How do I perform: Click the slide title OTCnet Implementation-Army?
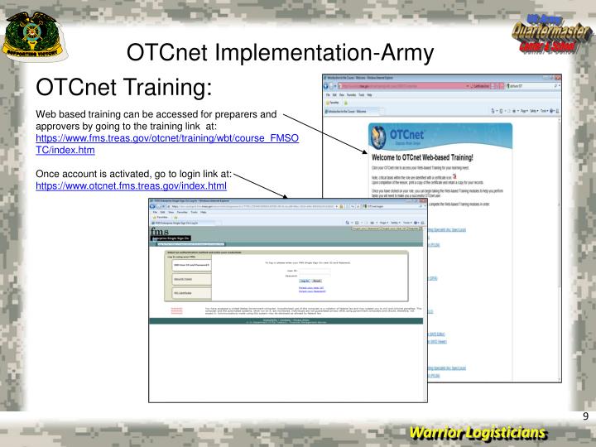(x=280, y=53)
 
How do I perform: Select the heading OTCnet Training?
(x=123, y=88)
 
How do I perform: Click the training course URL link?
(x=166, y=145)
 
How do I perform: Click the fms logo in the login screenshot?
(x=157, y=233)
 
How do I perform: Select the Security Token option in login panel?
(x=184, y=280)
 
